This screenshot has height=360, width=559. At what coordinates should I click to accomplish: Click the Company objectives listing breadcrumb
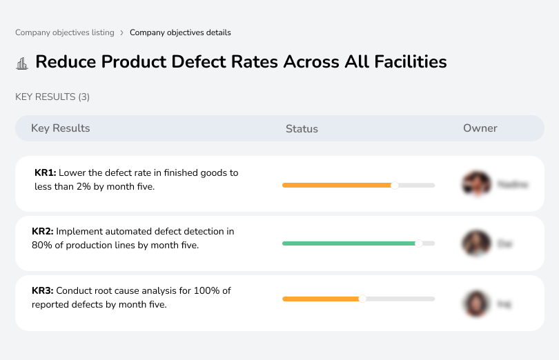pyautogui.click(x=65, y=32)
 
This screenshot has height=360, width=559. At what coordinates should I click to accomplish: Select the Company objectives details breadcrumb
pyautogui.click(x=180, y=32)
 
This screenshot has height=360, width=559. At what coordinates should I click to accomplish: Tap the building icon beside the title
pyautogui.click(x=22, y=63)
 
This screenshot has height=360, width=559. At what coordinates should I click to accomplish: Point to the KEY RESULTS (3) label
pyautogui.click(x=52, y=97)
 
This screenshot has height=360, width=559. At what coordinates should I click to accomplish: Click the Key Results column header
pyautogui.click(x=61, y=128)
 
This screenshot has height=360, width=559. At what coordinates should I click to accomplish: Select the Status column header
pyautogui.click(x=302, y=128)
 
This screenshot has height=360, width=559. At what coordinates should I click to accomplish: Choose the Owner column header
pyautogui.click(x=480, y=128)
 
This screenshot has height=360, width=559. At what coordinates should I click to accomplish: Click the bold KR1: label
pyautogui.click(x=45, y=173)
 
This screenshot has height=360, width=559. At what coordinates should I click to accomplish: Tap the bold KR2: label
pyautogui.click(x=43, y=232)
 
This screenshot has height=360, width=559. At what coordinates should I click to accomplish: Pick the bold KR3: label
pyautogui.click(x=43, y=291)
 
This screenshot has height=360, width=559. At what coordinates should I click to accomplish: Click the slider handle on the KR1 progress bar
pyautogui.click(x=395, y=185)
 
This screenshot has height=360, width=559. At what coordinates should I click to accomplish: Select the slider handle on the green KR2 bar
pyautogui.click(x=418, y=243)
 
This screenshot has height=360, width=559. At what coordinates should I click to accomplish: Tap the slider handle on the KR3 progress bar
pyautogui.click(x=362, y=299)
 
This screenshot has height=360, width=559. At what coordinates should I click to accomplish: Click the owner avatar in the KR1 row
pyautogui.click(x=475, y=184)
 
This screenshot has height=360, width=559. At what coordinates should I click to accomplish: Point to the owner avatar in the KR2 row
pyautogui.click(x=475, y=243)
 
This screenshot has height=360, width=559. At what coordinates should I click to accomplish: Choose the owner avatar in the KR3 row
pyautogui.click(x=475, y=303)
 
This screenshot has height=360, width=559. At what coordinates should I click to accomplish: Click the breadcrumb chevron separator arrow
pyautogui.click(x=122, y=32)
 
